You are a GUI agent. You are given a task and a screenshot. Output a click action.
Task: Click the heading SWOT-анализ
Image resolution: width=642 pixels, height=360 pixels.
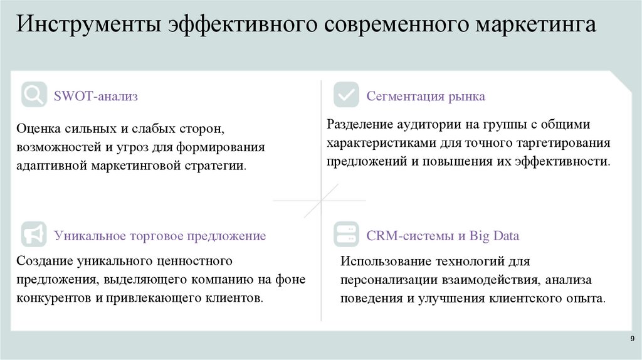(96, 97)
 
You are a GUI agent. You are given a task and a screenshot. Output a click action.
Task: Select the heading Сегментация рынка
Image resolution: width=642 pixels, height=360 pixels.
(426, 97)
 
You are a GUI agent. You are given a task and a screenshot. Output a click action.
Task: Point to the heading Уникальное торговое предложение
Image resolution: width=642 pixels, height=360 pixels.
(160, 236)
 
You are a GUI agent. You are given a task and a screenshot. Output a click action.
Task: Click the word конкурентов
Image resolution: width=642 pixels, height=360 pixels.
(55, 297)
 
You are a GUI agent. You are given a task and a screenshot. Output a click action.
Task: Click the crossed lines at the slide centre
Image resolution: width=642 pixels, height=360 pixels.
(320, 200)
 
